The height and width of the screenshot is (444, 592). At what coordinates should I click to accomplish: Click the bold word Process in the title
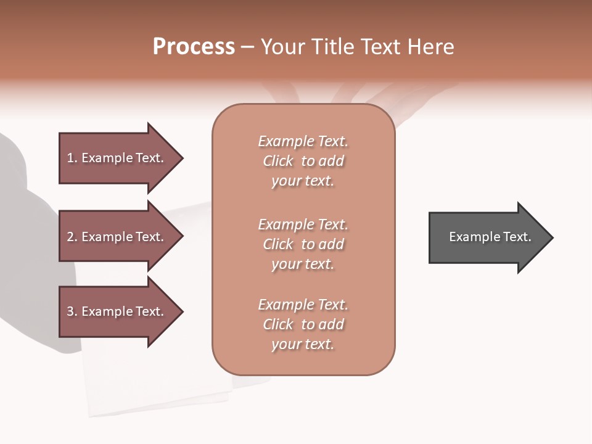(x=194, y=47)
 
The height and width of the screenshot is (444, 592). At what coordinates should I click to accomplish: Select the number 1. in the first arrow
(x=72, y=158)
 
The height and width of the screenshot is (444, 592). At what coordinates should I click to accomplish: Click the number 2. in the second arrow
(x=72, y=237)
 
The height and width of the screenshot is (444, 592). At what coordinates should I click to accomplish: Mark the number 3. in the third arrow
(x=72, y=311)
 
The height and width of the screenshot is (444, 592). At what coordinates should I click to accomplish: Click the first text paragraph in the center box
(x=303, y=161)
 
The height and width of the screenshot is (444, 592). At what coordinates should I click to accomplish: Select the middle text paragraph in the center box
(x=303, y=244)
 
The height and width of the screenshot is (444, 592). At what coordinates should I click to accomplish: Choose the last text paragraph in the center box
(x=303, y=324)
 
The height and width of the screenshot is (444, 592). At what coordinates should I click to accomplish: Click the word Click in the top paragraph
(x=278, y=161)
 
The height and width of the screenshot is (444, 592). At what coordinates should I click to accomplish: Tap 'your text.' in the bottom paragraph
(x=303, y=344)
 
